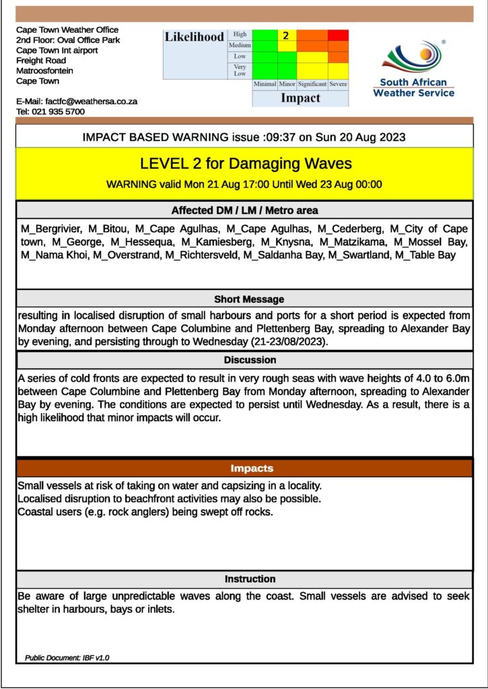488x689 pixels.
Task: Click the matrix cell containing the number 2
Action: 285,36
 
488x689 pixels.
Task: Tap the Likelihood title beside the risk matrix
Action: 195,38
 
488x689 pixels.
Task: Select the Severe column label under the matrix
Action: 339,84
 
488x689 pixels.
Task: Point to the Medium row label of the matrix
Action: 240,45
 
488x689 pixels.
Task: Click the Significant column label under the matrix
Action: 312,84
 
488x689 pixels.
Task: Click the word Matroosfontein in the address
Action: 45,71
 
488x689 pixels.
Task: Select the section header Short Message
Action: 249,299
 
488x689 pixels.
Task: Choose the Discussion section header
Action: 250,360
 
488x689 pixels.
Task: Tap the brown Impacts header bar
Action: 252,468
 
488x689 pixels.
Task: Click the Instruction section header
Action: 250,579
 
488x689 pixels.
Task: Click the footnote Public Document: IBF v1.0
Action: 66,657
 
